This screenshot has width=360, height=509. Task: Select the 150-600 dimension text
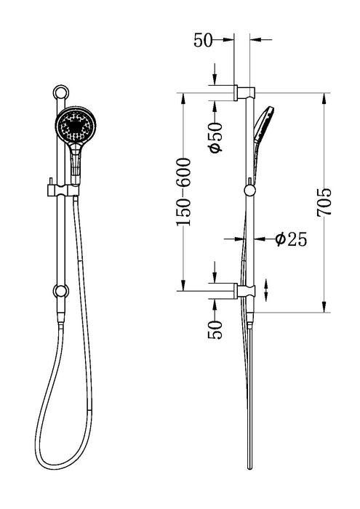188,191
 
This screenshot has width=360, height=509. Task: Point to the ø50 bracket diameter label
215,137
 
